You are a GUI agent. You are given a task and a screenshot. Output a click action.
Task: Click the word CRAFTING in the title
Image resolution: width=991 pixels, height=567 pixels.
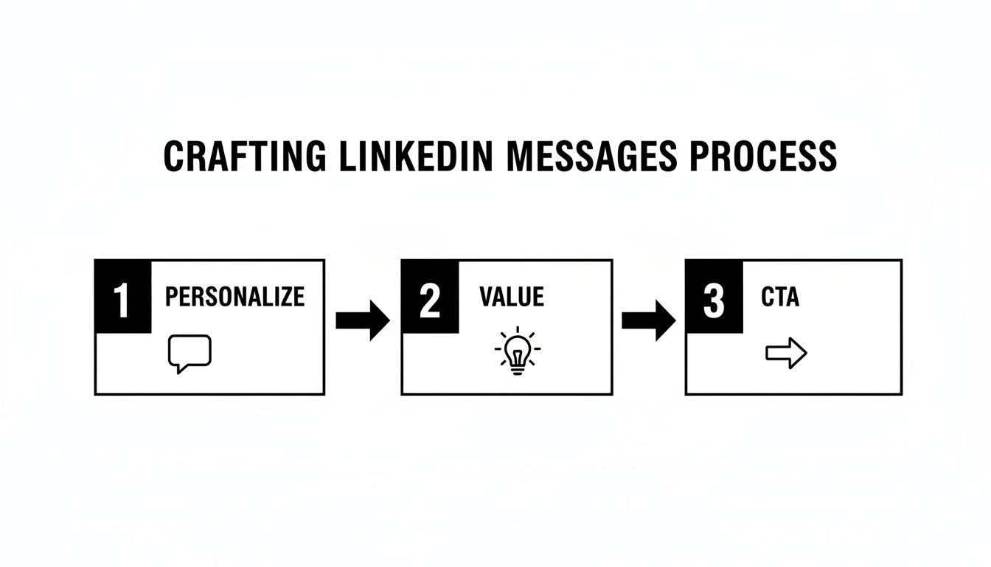point(244,156)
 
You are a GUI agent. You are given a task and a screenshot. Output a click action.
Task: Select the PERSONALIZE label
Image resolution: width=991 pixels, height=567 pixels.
point(234,297)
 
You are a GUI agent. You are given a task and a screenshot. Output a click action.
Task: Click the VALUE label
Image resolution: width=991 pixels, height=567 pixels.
point(511,297)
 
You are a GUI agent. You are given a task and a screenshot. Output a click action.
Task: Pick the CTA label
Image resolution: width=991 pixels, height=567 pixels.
point(779,297)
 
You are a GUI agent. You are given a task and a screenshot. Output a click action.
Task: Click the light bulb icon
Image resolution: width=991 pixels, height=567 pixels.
point(517,351)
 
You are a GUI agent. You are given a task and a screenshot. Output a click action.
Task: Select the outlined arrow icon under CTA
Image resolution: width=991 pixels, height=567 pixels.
point(786,354)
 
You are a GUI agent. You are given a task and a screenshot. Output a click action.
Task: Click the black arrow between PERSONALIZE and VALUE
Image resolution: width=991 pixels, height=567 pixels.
point(362,320)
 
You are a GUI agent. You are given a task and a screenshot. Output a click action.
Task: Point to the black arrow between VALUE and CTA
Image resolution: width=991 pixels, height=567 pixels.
point(648,320)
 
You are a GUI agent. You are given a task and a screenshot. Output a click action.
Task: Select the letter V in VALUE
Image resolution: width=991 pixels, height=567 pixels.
point(486,297)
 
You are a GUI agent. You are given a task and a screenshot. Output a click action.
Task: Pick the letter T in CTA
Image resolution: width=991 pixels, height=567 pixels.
point(779,297)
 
